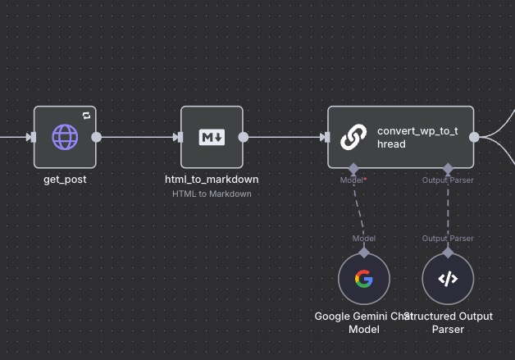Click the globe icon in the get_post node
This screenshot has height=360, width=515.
click(65, 137)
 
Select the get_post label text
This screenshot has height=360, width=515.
click(65, 179)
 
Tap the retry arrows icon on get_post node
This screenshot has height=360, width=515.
click(86, 116)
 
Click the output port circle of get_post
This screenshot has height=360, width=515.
click(96, 137)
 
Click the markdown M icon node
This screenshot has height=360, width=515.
click(212, 137)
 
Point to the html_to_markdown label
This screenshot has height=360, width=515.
click(212, 179)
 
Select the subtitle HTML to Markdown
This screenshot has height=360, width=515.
click(212, 194)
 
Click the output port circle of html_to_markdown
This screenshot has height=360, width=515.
click(244, 137)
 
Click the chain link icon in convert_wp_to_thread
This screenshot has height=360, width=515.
click(353, 137)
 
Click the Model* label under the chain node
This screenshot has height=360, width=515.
click(353, 180)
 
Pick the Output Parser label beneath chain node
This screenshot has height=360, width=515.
click(448, 180)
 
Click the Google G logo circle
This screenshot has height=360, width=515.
click(363, 279)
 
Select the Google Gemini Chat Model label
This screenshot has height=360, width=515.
click(362, 322)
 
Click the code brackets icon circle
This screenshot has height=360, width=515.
click(448, 279)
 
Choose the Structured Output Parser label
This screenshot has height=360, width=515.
click(449, 322)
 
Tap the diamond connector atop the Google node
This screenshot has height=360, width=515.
click(363, 253)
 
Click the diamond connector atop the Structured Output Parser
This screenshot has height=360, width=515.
click(448, 253)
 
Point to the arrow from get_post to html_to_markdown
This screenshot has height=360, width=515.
click(139, 137)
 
